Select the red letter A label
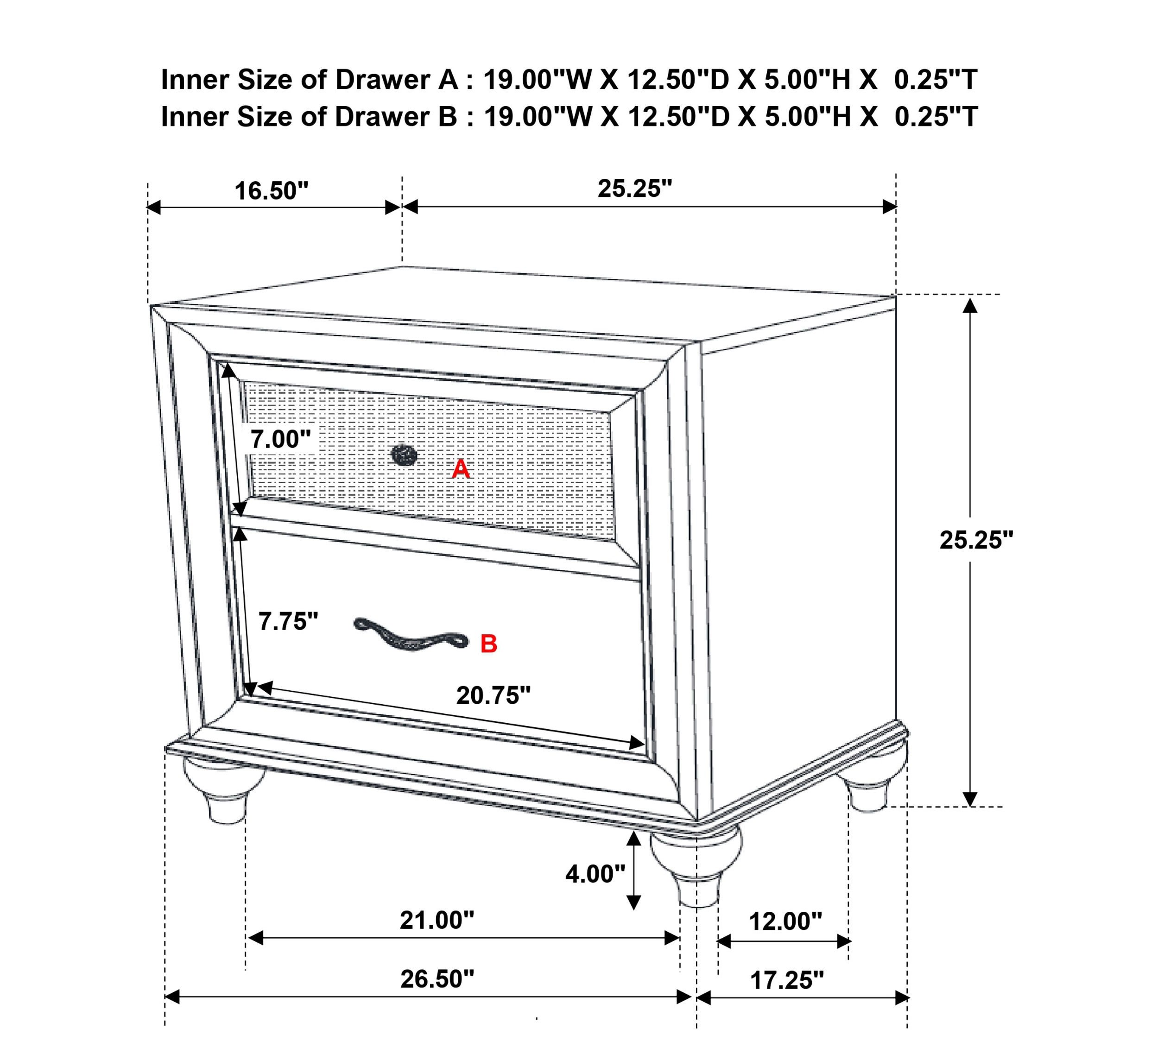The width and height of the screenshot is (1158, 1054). coord(461,469)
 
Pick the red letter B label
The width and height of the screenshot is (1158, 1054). coord(489,644)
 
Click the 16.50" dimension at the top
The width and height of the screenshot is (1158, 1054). coord(272,191)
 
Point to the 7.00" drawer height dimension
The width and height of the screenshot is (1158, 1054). coord(280,439)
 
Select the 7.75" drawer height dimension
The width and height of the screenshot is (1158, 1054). coord(288,621)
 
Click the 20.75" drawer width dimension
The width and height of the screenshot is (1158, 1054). coord(494,695)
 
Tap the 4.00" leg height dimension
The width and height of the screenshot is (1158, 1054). coord(595,874)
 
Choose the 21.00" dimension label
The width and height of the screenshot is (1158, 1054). coord(437,920)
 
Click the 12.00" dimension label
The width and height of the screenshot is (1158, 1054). coord(785,921)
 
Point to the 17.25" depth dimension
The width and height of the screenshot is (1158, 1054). coord(787,980)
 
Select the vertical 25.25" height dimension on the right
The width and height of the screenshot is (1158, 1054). coord(976,540)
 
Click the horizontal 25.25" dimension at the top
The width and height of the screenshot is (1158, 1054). coord(635,189)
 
